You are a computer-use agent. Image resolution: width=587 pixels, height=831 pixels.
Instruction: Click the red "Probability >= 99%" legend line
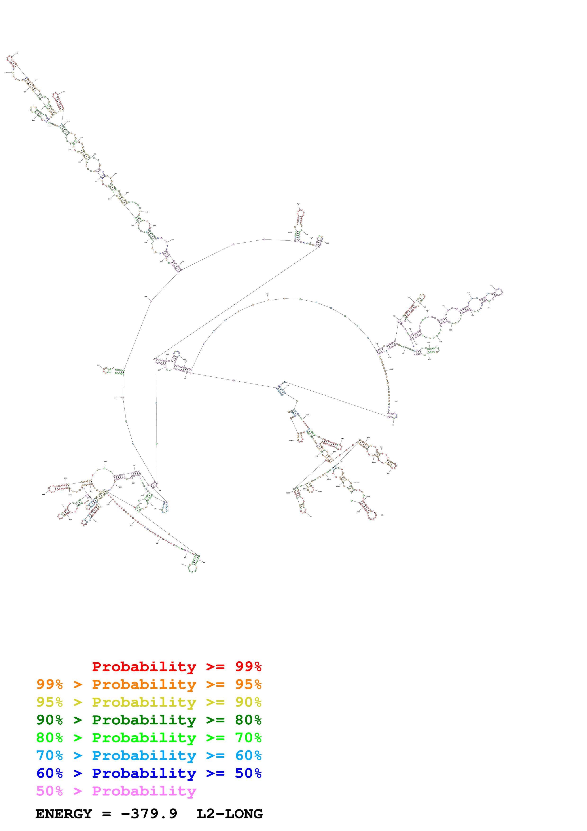click(x=176, y=667)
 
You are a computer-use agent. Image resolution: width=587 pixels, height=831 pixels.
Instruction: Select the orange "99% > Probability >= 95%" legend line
click(x=149, y=684)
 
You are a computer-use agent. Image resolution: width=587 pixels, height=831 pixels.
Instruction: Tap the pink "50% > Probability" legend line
click(x=116, y=791)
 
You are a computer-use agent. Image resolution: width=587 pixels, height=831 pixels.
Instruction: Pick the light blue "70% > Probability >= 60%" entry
click(x=149, y=756)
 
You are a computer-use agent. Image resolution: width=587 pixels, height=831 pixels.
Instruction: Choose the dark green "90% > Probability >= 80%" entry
click(x=149, y=720)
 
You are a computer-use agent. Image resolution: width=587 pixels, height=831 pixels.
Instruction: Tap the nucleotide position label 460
click(x=25, y=91)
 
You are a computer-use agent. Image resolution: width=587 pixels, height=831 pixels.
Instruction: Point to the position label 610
click(x=298, y=204)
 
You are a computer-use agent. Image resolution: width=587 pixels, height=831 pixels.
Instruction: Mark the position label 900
click(x=393, y=425)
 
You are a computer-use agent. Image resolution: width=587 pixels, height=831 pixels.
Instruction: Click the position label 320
click(x=146, y=297)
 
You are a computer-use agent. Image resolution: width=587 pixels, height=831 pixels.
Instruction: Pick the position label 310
click(x=98, y=365)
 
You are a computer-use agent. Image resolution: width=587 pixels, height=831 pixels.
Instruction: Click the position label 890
click(x=396, y=401)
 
